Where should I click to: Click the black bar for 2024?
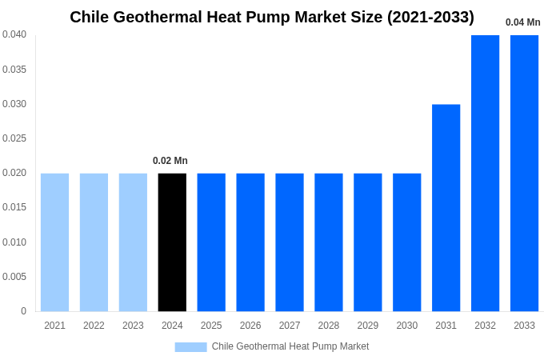point(172,242)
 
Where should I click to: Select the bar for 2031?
point(446,208)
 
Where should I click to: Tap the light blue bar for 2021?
point(54,242)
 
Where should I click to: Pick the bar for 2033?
point(524,173)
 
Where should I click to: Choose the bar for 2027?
point(290,242)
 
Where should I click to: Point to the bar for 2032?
point(485,173)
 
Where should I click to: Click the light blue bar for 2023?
point(133,242)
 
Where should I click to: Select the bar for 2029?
point(368,242)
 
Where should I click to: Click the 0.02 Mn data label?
point(170,161)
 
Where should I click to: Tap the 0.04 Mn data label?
point(522,22)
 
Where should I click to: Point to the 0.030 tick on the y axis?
point(14,104)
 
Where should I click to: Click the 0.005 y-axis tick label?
point(14,277)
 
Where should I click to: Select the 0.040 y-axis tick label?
point(14,34)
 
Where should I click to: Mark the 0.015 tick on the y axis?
point(14,207)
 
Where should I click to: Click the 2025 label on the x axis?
point(211,326)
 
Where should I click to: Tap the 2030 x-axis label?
point(406,326)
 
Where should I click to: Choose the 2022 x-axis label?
point(94,326)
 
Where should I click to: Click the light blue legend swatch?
point(190,347)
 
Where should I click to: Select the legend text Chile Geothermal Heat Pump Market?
point(290,346)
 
